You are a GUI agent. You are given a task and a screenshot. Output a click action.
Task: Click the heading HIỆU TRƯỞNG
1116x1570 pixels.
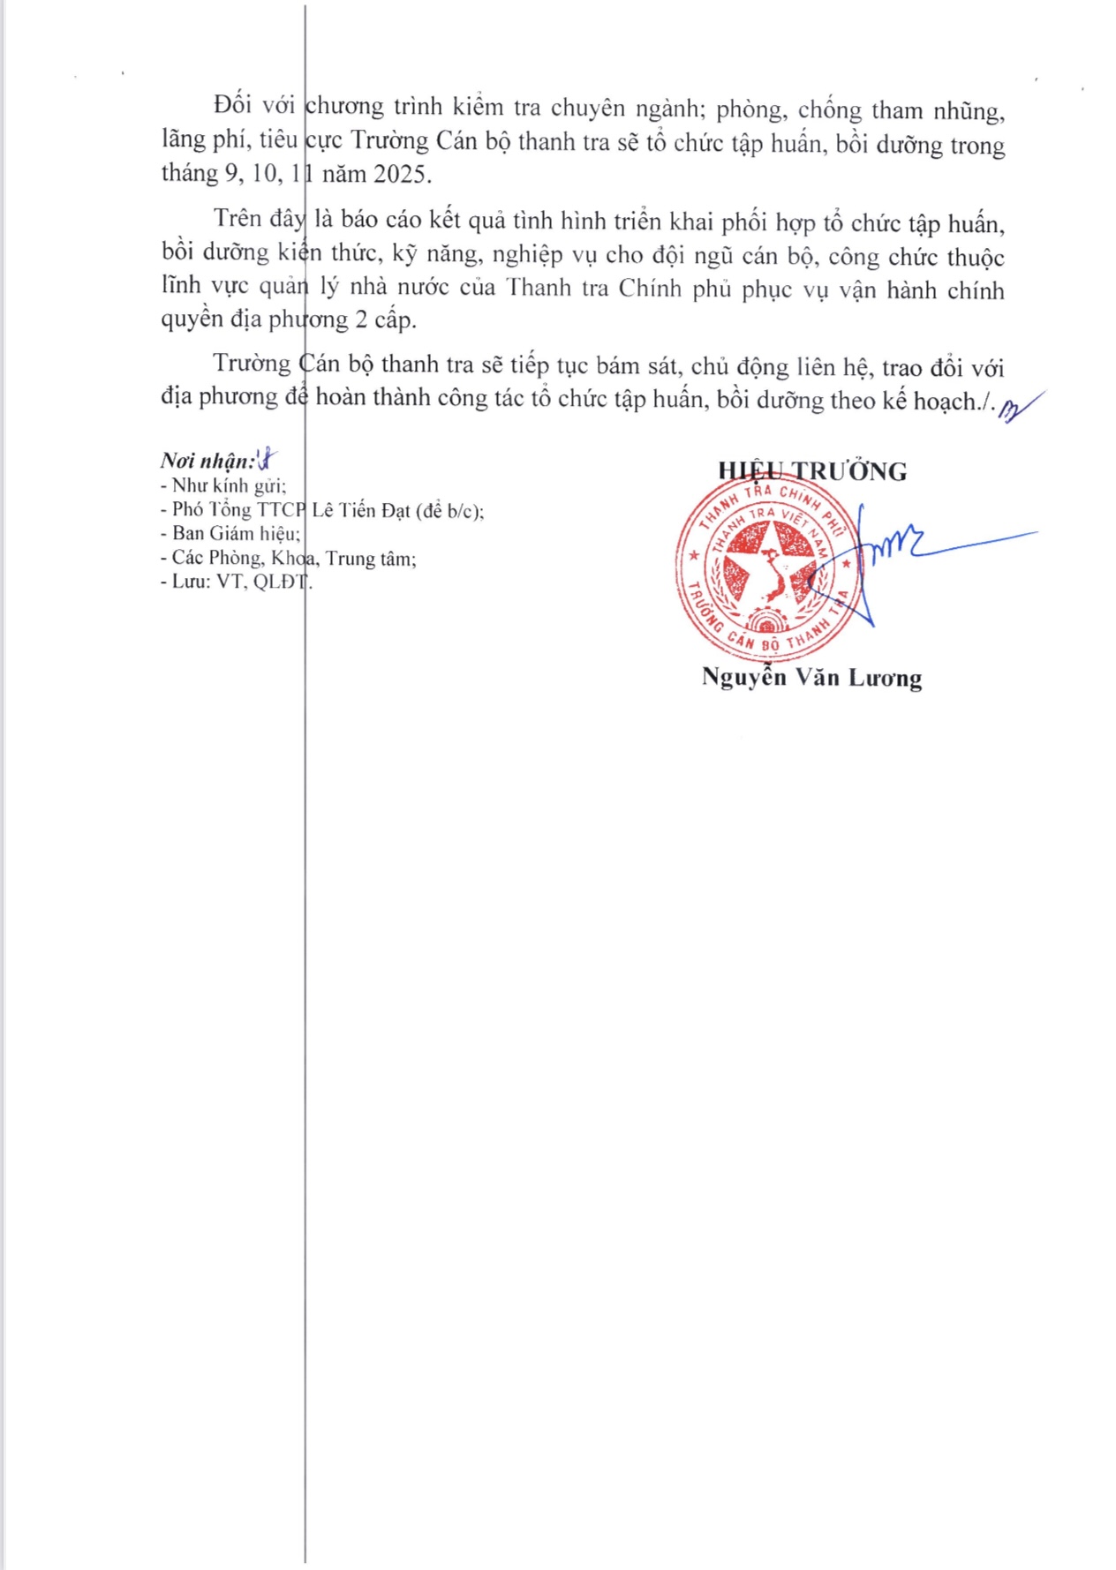(x=811, y=471)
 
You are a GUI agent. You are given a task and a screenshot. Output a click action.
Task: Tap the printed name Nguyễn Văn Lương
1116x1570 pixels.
(x=811, y=677)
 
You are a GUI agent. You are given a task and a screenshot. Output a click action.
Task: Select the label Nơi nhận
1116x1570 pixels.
(x=207, y=461)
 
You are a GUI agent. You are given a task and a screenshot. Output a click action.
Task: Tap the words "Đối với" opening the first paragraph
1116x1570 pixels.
(x=254, y=106)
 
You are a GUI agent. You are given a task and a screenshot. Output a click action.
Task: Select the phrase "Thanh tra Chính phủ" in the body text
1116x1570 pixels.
(x=618, y=289)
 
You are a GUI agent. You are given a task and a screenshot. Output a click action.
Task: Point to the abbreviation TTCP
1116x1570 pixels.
(x=281, y=510)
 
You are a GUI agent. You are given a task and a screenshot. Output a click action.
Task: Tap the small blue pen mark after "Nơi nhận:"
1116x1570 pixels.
(x=266, y=459)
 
